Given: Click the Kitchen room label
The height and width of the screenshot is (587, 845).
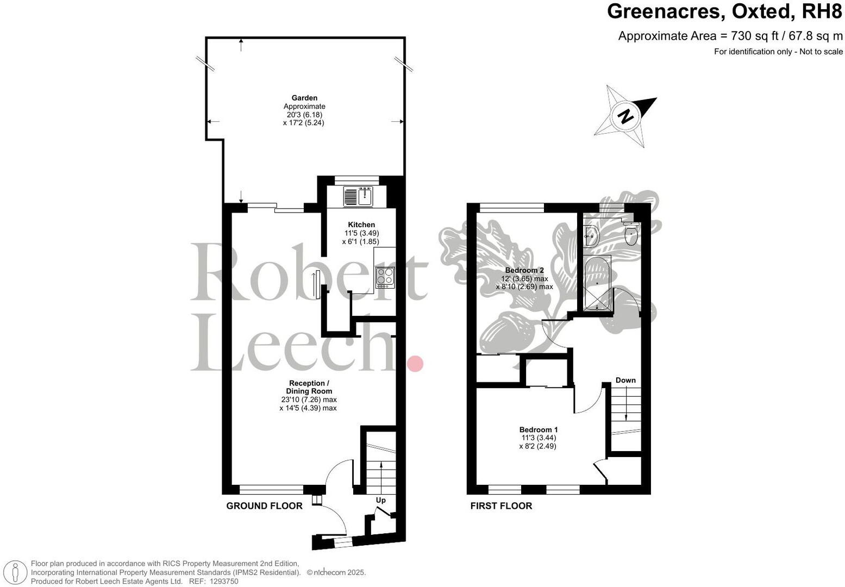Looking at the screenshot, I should click(361, 224).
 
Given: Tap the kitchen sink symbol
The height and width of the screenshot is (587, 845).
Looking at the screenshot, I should click(358, 196).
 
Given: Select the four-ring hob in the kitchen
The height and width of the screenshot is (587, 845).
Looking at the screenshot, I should click(385, 277).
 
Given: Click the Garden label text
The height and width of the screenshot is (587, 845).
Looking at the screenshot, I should click(304, 98).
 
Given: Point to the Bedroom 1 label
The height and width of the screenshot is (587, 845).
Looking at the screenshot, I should click(538, 429).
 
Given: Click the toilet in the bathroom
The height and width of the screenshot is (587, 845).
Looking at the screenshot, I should click(631, 235).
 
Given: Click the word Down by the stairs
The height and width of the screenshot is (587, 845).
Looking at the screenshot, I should click(625, 380).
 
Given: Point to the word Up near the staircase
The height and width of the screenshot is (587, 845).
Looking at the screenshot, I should click(381, 500).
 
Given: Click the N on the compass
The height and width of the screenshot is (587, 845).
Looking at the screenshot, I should click(627, 116).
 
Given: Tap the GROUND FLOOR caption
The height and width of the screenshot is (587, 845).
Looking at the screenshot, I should click(264, 506).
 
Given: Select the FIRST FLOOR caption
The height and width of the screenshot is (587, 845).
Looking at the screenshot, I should click(501, 506).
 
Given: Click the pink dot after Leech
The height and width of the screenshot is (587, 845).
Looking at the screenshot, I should click(415, 363).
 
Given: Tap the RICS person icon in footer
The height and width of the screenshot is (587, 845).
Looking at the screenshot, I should click(16, 572).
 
